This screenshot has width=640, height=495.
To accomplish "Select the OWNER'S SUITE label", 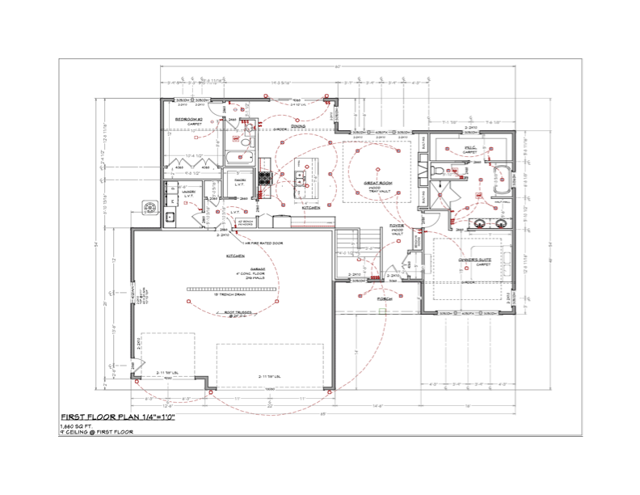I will [x=473, y=259].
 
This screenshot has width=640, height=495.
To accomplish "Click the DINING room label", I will [x=298, y=126].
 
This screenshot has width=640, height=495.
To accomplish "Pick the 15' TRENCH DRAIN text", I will [x=231, y=295].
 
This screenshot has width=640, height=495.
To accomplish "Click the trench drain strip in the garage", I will [x=230, y=288].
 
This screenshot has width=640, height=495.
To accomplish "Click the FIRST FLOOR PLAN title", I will [x=118, y=417].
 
